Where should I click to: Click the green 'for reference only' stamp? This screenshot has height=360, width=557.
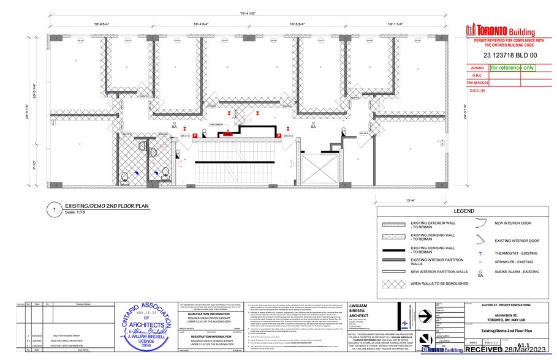pos(512,69)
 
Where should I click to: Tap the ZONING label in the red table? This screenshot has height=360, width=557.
pos(477,69)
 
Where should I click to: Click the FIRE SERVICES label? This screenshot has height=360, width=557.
pos(477,82)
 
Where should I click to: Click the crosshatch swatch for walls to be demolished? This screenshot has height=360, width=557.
pos(396,283)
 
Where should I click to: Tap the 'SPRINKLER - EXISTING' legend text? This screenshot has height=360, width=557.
pos(513,261)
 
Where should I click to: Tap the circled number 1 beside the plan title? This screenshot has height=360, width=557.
pos(55,210)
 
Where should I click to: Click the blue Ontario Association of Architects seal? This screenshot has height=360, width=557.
pos(145,328)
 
